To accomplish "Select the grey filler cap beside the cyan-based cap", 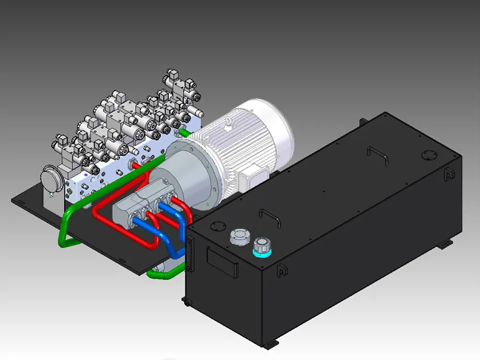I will tap(239, 237).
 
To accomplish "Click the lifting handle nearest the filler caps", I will tap(270, 217).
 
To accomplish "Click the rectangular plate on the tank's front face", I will tap(222, 262).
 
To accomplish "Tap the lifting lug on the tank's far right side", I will tap(449, 173).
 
